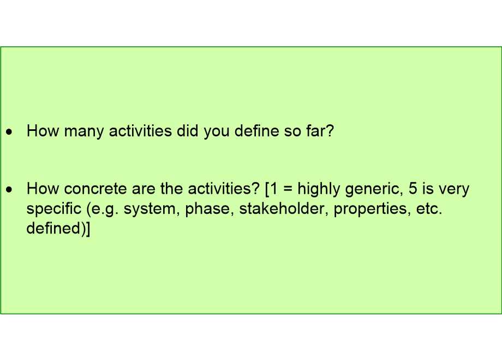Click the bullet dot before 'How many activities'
click(9, 131)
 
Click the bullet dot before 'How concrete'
click(9, 189)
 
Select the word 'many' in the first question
click(84, 132)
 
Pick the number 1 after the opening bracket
click(273, 189)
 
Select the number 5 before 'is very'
click(413, 189)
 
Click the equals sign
click(288, 189)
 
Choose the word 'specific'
click(54, 209)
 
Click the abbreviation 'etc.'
click(429, 209)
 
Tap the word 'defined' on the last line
click(53, 228)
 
